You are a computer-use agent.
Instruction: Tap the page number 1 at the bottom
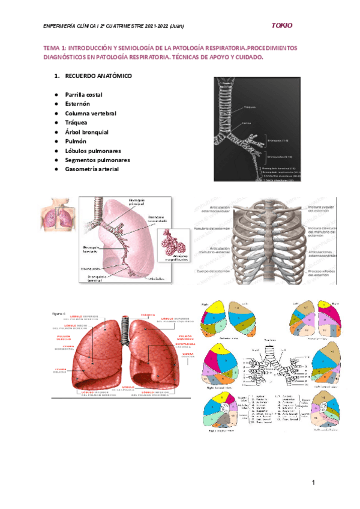coord(313,483)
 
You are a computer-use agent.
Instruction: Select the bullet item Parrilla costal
coord(84,95)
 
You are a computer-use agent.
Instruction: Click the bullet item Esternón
coord(78,104)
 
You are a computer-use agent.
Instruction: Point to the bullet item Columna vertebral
coord(91,113)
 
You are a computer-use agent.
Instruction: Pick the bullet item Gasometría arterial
coord(92,169)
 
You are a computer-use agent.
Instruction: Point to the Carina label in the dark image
coord(246,123)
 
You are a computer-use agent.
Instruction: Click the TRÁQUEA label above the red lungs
coord(148,314)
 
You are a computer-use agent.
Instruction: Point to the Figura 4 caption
coord(58,313)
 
